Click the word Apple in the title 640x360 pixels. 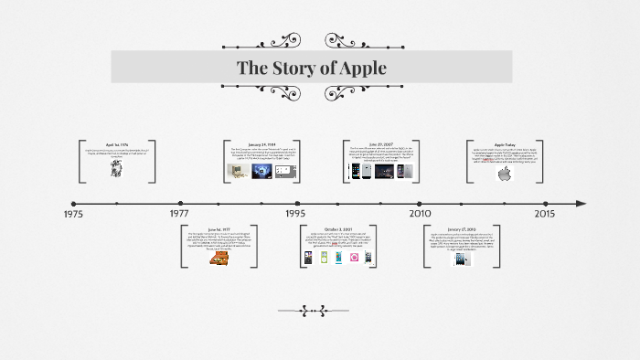(361, 68)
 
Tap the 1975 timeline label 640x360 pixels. (74, 214)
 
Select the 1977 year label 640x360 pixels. (179, 214)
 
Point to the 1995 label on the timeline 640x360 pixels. (295, 214)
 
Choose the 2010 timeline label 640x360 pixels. (420, 214)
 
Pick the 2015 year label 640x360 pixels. (544, 214)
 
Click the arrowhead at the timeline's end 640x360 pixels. (581, 203)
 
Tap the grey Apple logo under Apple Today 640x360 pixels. (502, 174)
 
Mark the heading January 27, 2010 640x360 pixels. (463, 228)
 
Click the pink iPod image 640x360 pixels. (354, 259)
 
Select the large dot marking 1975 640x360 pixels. (74, 203)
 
